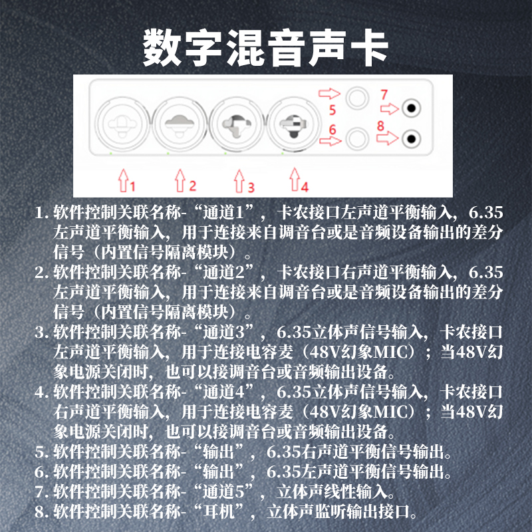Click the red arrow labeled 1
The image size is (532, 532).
coord(123,180)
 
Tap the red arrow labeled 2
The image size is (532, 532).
coord(180,180)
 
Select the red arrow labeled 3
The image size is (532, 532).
coord(239,180)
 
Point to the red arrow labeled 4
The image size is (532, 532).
coord(295,179)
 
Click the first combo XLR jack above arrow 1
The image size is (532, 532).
coord(122,124)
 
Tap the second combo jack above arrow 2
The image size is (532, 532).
coord(179,124)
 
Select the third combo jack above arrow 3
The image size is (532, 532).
coord(237,124)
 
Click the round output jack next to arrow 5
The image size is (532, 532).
coord(357,98)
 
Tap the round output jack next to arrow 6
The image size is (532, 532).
coord(357,138)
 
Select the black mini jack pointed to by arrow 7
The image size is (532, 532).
coord(411,108)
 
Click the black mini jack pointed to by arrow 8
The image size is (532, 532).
coord(411,139)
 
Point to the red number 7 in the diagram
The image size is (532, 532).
coord(384,94)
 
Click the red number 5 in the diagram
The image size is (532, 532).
coord(332,110)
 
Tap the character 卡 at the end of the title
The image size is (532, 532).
coord(369,48)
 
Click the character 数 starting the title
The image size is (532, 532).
coord(162,48)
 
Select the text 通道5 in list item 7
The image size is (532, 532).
coord(223,491)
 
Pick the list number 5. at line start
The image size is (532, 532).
coord(41,452)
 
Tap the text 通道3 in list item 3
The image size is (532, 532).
coord(223,332)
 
